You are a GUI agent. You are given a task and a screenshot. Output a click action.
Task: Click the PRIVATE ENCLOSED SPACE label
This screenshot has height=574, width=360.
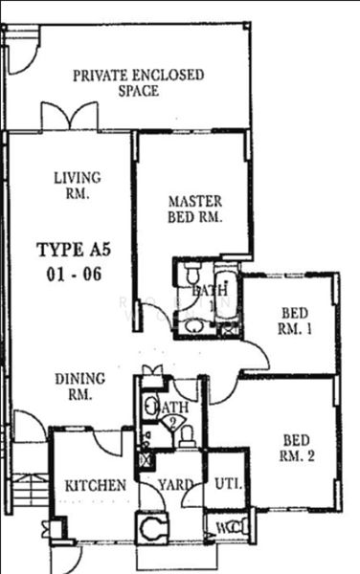tap(138, 83)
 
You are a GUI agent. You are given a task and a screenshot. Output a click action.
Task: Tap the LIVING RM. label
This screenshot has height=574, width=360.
tap(71, 185)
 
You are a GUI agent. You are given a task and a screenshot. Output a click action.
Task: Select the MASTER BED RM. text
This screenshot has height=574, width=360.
tap(194, 210)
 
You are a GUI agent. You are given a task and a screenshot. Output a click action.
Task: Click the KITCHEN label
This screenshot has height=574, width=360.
tap(95, 486)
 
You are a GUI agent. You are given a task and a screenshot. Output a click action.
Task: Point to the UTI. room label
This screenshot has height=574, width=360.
tap(228, 483)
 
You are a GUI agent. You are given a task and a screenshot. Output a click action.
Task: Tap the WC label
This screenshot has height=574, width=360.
tap(223, 527)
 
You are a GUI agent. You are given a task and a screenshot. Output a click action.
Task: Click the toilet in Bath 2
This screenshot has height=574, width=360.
tap(188, 435)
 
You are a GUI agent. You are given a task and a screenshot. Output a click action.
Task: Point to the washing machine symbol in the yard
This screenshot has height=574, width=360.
tap(149, 527)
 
